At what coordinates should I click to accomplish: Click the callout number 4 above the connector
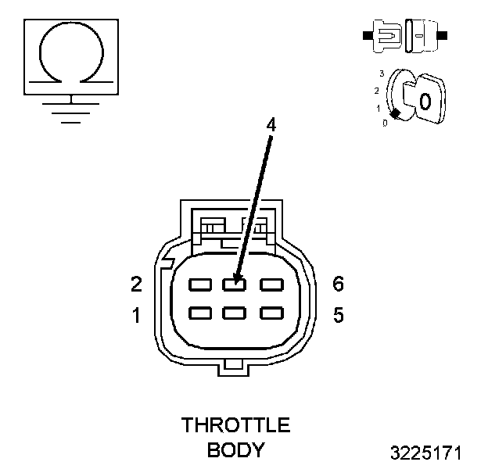[x=271, y=124]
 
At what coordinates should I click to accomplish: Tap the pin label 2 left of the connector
[x=136, y=284]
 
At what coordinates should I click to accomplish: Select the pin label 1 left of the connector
[x=136, y=316]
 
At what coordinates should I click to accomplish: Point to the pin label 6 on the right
[x=338, y=284]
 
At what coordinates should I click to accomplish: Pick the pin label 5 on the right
[x=338, y=316]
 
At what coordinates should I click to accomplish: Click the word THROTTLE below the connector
[x=235, y=425]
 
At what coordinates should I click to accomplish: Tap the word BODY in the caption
[x=235, y=450]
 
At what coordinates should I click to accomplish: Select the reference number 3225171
[x=426, y=453]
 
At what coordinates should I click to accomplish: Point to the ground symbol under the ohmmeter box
[x=72, y=109]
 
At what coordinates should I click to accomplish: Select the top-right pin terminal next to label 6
[x=271, y=284]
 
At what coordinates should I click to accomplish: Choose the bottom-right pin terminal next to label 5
[x=271, y=313]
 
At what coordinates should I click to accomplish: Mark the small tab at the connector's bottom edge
[x=235, y=364]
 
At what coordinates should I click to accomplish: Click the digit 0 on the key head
[x=425, y=101]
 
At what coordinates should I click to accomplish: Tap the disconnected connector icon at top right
[x=404, y=36]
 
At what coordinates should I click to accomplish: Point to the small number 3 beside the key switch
[x=381, y=73]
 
